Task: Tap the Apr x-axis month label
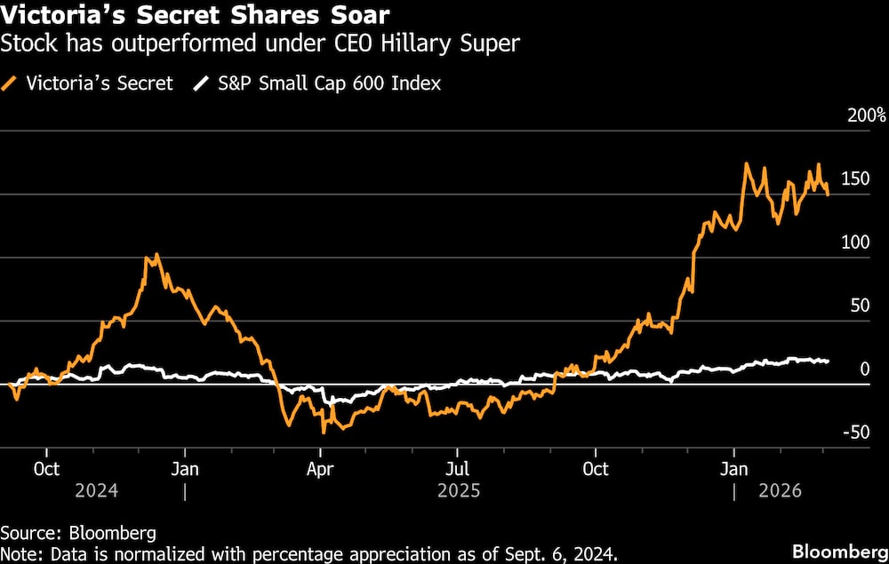click(x=319, y=468)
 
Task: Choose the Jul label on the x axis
click(x=457, y=468)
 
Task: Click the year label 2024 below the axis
click(x=96, y=490)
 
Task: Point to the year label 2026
click(x=780, y=490)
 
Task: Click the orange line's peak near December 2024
click(x=156, y=255)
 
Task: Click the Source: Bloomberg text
click(x=78, y=534)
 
